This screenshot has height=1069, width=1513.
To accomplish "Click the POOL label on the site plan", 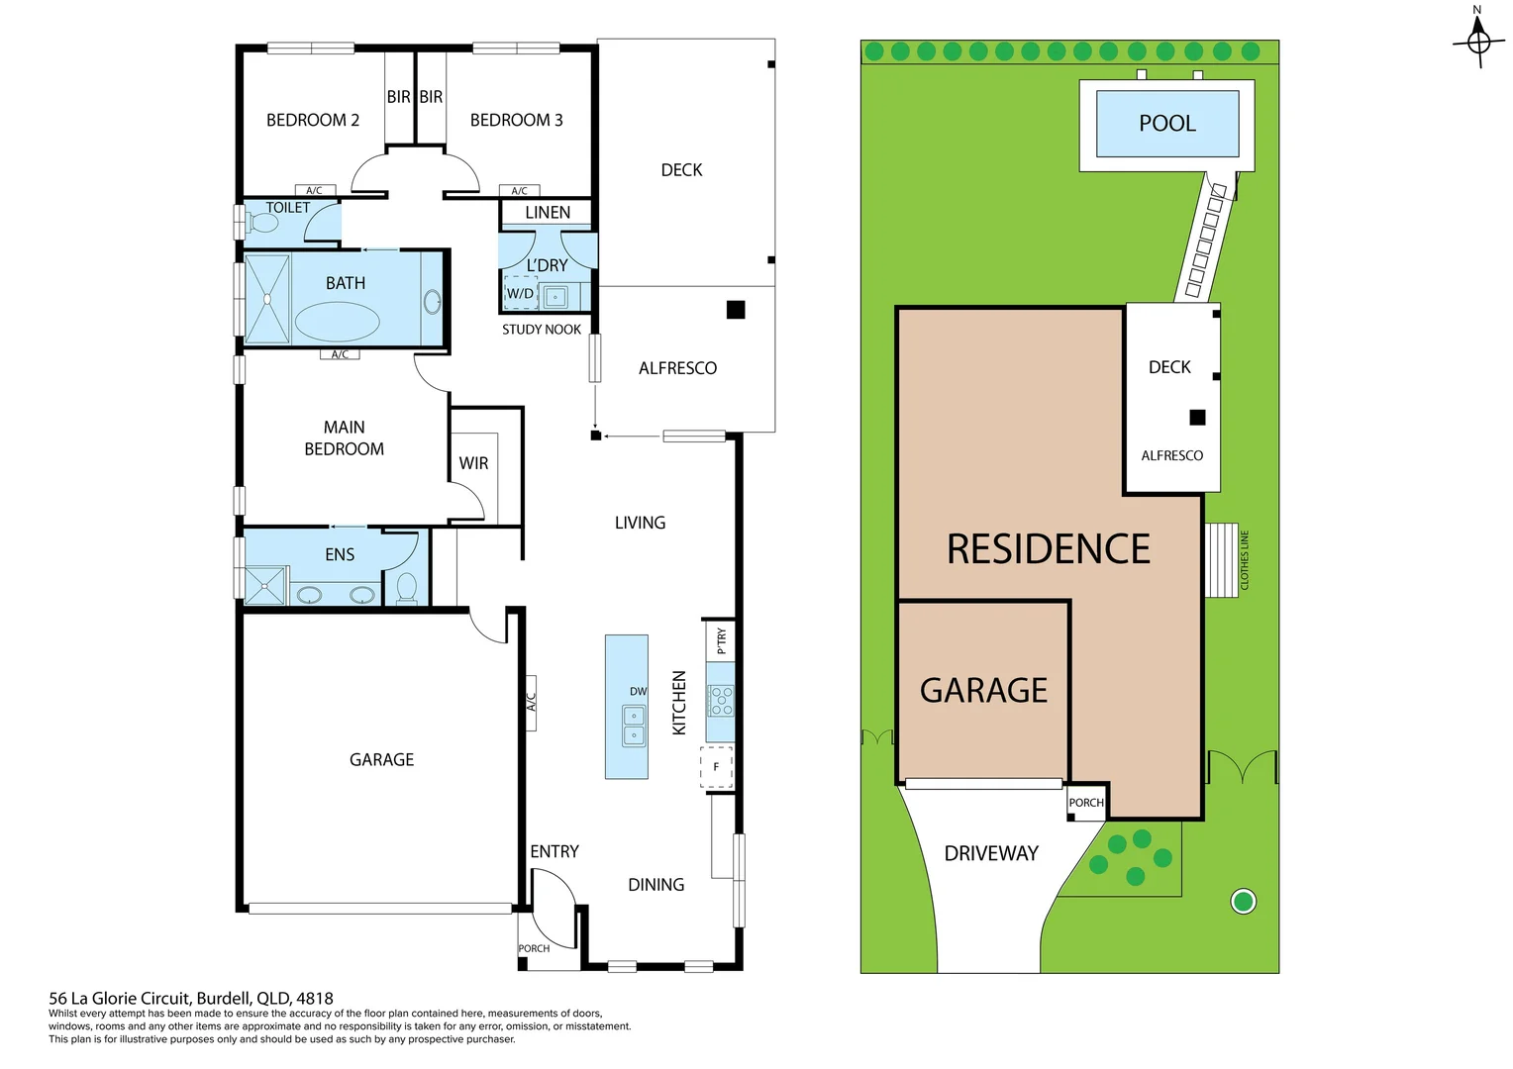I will click(1166, 124).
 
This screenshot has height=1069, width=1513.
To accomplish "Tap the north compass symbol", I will click(1478, 42).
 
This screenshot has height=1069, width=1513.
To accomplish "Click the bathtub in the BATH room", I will click(337, 322).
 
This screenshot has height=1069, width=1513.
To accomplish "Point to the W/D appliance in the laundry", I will click(521, 294).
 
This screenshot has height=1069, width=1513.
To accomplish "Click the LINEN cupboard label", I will click(548, 213).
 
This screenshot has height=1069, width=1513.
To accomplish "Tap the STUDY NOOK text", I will click(541, 330).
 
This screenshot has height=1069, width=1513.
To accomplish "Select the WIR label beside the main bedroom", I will click(473, 463).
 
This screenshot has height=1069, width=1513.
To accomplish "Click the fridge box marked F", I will click(716, 767).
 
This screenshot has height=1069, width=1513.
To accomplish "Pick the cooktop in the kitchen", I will click(721, 701).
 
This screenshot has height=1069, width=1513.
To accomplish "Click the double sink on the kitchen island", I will click(634, 725).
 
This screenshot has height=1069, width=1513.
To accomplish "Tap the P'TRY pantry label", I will click(721, 640).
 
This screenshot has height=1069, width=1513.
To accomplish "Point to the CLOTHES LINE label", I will click(1245, 560).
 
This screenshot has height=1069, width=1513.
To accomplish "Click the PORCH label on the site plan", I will click(1085, 803).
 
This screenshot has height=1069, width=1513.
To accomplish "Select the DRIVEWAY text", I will click(990, 853).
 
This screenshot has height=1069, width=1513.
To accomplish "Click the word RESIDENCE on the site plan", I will click(1048, 549).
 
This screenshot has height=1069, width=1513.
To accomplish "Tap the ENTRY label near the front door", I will click(554, 851).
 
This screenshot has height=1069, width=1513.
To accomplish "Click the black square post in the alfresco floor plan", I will click(736, 310).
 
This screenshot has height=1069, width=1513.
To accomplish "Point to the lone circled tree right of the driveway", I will click(1243, 901).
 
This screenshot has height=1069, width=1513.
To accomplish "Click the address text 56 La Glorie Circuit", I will click(191, 999).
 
